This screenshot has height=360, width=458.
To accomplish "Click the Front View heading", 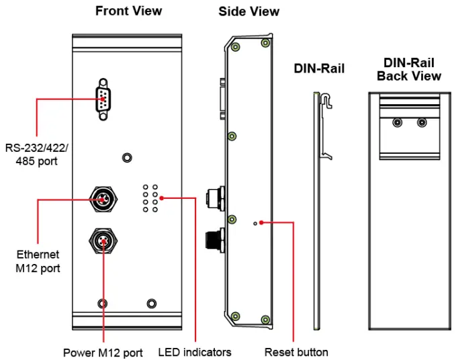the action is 128,11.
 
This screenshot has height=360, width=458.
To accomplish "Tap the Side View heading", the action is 249,11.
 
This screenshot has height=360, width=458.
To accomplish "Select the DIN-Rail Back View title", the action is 409,69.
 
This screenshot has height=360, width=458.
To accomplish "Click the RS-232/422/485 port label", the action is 36,154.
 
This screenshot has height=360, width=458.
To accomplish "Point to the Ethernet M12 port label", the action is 38,261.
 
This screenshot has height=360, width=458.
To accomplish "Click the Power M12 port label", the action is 103,353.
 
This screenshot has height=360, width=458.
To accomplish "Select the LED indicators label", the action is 195,353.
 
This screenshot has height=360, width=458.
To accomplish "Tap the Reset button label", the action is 296,352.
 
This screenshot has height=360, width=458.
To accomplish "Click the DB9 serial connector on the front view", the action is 103,99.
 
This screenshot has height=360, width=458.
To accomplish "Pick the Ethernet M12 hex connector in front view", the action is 103,199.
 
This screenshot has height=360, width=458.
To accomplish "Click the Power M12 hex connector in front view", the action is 103,241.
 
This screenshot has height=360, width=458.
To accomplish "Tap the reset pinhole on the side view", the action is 255,224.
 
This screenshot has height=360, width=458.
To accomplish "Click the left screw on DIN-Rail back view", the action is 398,122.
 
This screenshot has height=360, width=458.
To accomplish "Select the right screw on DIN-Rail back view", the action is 422,122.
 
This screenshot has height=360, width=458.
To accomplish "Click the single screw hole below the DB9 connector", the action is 127,158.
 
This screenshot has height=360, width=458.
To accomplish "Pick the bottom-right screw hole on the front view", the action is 151,304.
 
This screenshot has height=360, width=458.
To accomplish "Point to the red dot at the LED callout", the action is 162,198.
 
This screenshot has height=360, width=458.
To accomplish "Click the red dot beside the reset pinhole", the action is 261,223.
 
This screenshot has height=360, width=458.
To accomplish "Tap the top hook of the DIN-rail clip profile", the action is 327,100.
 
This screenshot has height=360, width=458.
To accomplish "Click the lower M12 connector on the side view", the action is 216,240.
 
